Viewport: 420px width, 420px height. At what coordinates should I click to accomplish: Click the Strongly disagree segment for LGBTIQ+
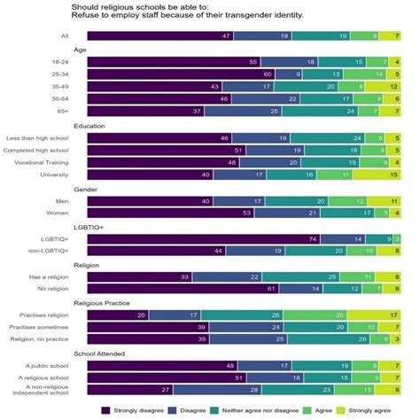click(x=203, y=239)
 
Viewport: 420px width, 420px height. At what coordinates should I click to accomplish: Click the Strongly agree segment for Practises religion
click(x=382, y=315)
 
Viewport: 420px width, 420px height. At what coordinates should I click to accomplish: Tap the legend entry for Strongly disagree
click(x=138, y=410)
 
